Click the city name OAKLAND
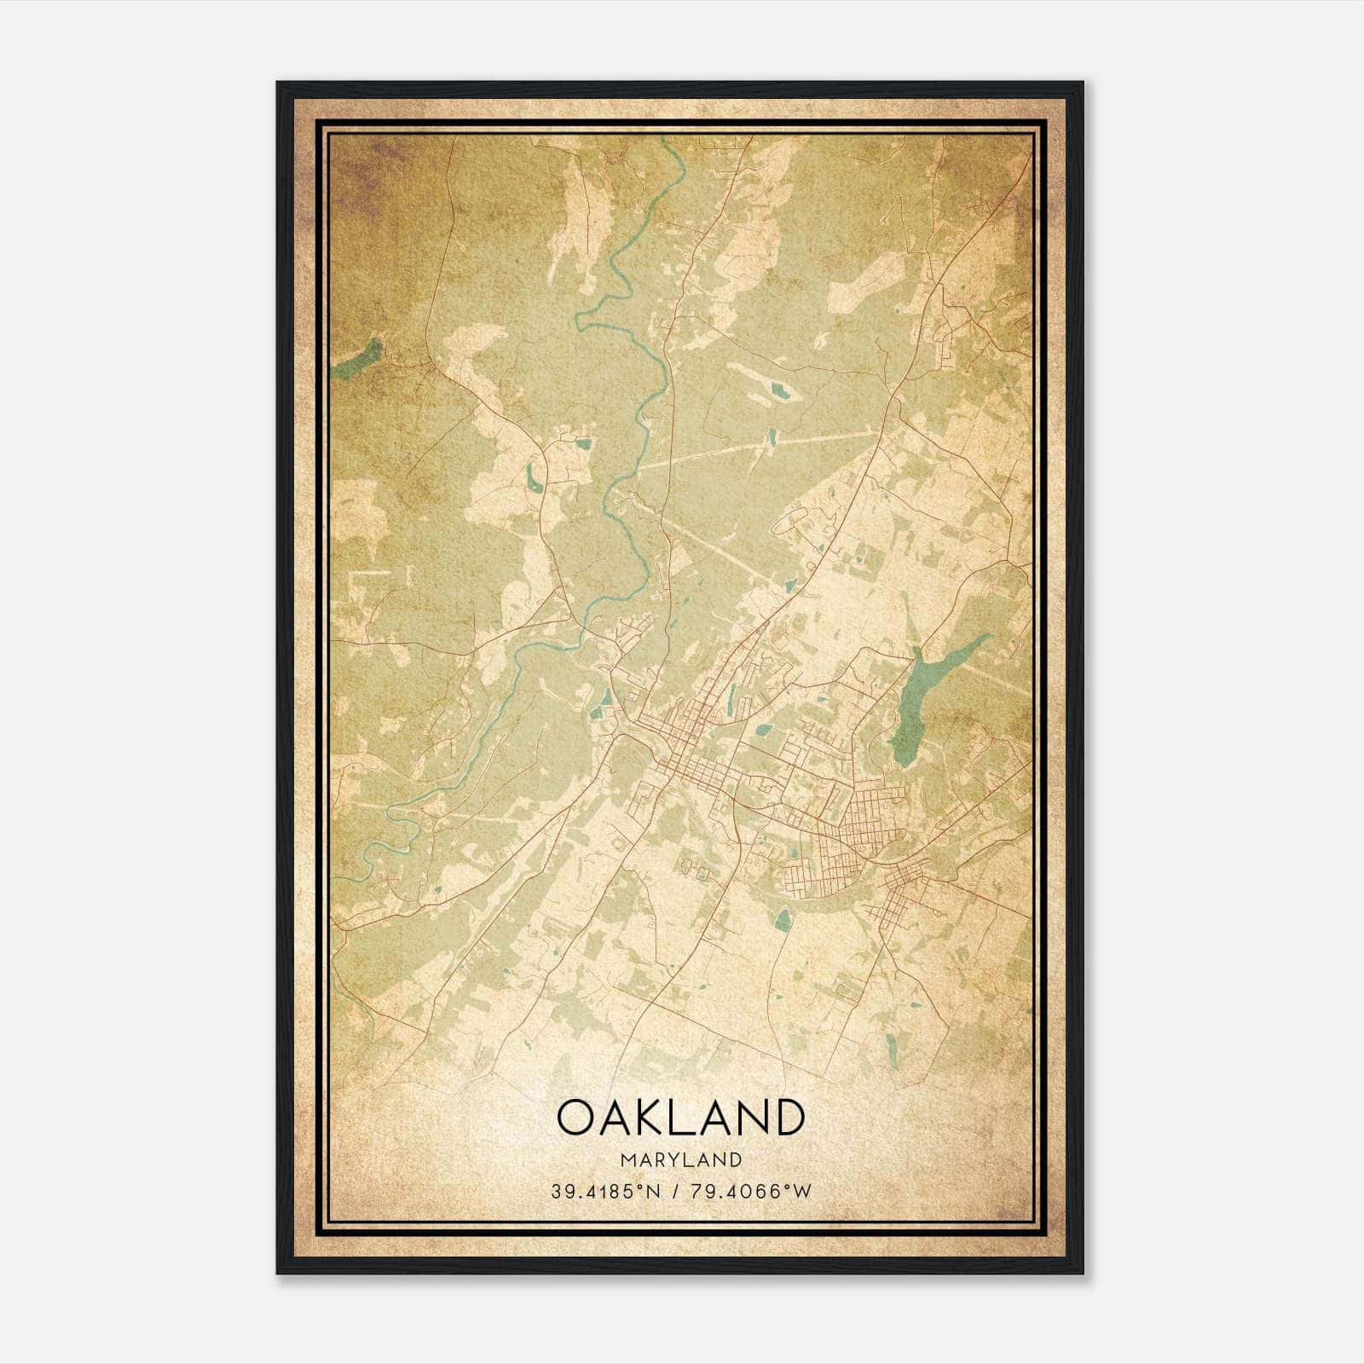[680, 1117]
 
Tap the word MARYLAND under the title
[680, 1160]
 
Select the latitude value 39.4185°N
[605, 1191]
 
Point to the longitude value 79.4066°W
[751, 1191]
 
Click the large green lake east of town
[921, 699]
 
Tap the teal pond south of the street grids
[782, 919]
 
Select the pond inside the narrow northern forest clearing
[778, 391]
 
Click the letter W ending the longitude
[803, 1191]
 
